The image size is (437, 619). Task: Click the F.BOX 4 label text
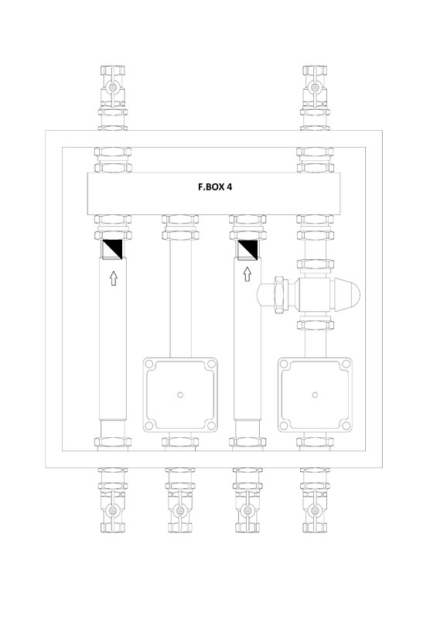pos(215,186)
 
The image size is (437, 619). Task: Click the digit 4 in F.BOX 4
pos(230,186)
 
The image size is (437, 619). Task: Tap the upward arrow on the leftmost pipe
pos(114,278)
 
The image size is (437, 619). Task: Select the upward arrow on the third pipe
pos(248,275)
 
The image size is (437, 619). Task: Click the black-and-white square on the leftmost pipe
pos(113,250)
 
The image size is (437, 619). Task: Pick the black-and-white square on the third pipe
pos(248,250)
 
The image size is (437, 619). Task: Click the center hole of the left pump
pos(180,395)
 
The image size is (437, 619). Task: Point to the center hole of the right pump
pos(315,395)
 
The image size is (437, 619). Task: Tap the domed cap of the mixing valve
pos(347,293)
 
